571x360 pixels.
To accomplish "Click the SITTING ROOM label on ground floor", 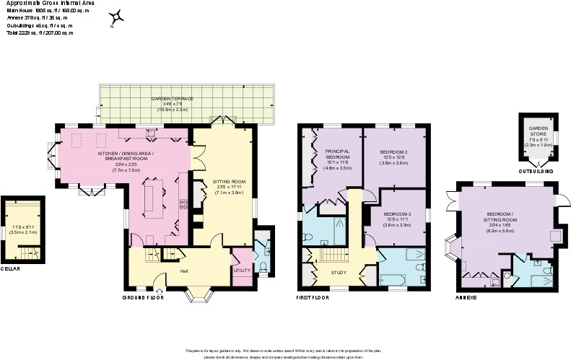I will pyautogui.click(x=229, y=182).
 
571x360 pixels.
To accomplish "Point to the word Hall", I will pyautogui.click(x=184, y=271).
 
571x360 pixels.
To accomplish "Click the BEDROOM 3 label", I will pyautogui.click(x=396, y=215).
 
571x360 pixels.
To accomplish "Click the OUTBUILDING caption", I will pyautogui.click(x=535, y=172).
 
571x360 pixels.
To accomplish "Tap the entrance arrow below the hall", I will pyautogui.click(x=160, y=291).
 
